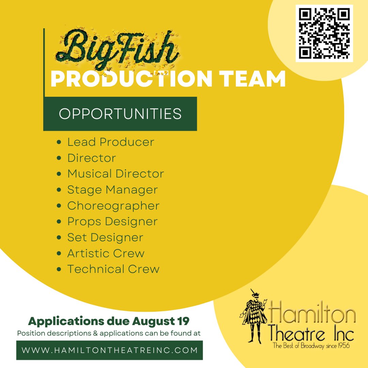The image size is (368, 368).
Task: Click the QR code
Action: pyautogui.click(x=324, y=33)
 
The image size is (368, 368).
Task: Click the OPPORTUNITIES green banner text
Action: pyautogui.click(x=120, y=114)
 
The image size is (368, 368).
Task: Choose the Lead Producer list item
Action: pyautogui.click(x=111, y=142)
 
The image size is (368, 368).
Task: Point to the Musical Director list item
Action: pyautogui.click(x=116, y=174)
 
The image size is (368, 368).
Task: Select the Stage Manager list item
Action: pyautogui.click(x=112, y=190)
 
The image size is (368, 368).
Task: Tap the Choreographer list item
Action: pyautogui.click(x=113, y=206)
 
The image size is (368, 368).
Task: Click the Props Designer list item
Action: pyautogui.click(x=112, y=221)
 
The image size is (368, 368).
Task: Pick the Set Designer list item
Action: pyautogui.click(x=105, y=237)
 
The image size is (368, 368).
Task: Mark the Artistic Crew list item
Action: pyautogui.click(x=106, y=254)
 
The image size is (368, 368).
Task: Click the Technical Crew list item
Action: pyautogui.click(x=113, y=269)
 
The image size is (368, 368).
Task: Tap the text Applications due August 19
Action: pyautogui.click(x=109, y=321)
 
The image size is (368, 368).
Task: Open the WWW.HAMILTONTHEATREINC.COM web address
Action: pyautogui.click(x=109, y=350)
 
